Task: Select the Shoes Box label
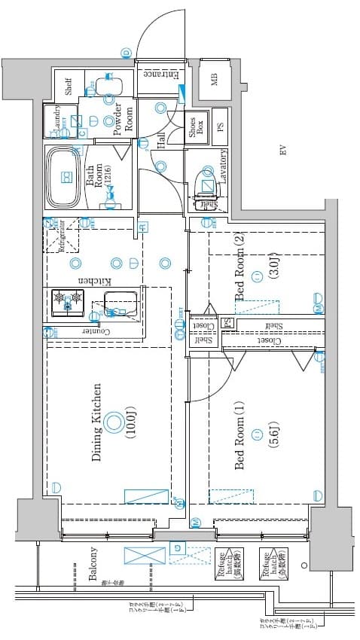(x=194, y=128)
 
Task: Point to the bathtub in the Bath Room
(x=64, y=178)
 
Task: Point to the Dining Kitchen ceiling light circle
(x=113, y=422)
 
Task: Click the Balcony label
(x=93, y=563)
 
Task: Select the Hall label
(x=161, y=141)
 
